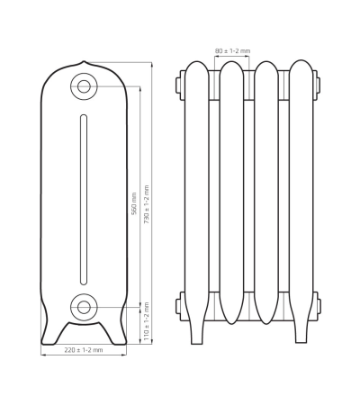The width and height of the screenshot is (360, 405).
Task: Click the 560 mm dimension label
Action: click(x=134, y=203)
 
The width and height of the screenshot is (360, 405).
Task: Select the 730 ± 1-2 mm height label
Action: click(x=147, y=203)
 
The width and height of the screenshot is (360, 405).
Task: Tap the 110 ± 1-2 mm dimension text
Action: click(x=147, y=319)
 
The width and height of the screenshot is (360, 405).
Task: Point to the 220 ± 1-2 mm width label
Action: click(x=84, y=349)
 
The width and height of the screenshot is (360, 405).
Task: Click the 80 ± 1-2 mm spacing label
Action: click(x=231, y=51)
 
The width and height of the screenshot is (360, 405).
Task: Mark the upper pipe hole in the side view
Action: click(x=84, y=87)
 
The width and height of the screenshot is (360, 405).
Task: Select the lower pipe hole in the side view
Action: click(x=84, y=306)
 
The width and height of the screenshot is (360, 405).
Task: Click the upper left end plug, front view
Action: click(x=180, y=85)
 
